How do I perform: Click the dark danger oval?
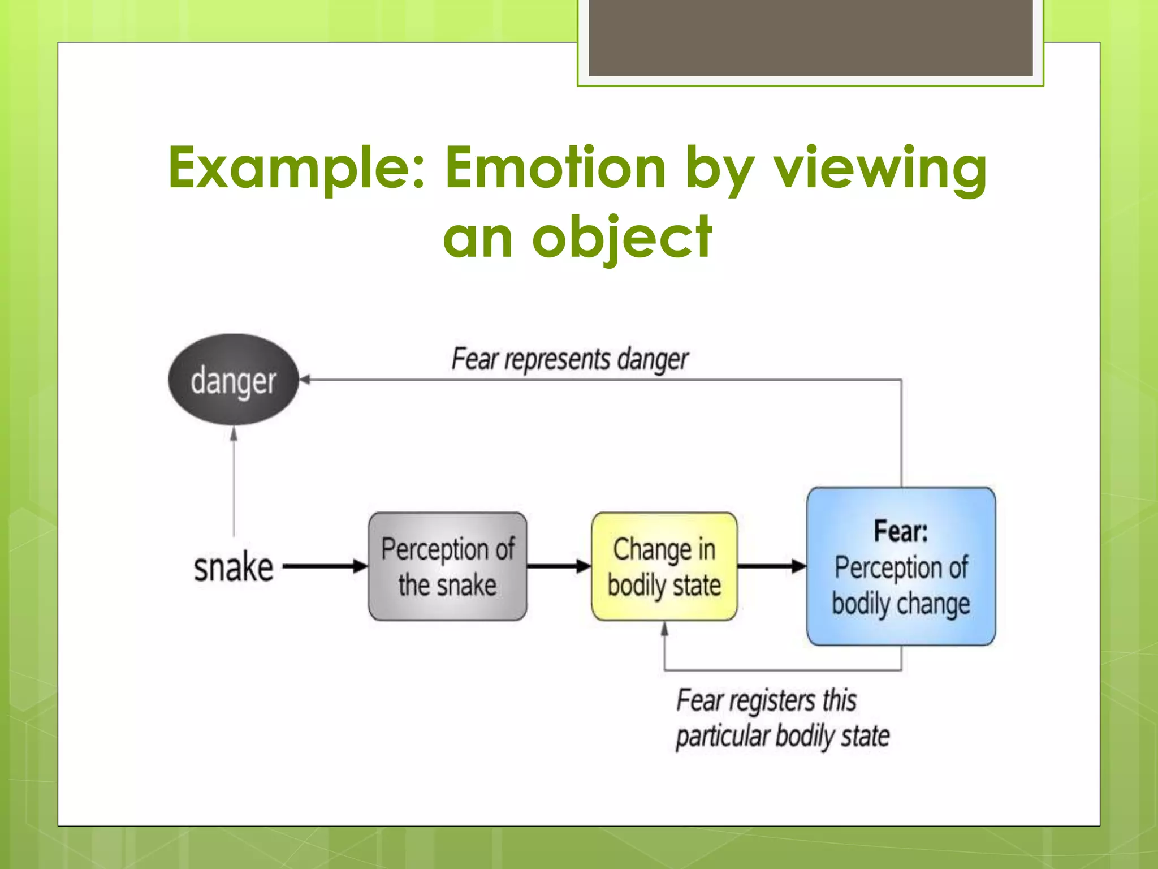233,380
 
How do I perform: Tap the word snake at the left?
233,567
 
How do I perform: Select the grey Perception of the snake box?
447,566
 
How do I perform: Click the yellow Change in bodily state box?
664,566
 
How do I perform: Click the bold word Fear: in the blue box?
901,531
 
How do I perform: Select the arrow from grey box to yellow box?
559,566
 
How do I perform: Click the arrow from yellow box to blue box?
772,566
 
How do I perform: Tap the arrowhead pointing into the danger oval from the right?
305,380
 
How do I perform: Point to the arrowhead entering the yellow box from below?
665,629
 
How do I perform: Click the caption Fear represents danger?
569,359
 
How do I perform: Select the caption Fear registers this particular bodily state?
782,719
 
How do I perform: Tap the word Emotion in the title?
555,167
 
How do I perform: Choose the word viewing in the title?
880,168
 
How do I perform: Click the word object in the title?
622,238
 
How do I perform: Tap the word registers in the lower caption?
772,701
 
